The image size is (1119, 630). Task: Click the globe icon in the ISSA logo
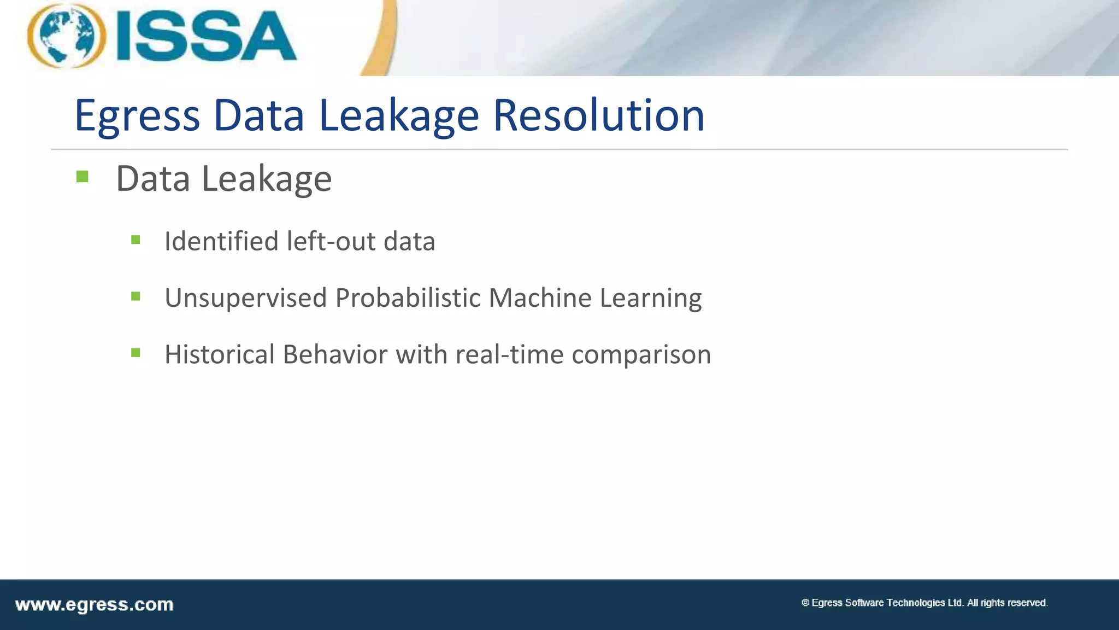[x=66, y=36]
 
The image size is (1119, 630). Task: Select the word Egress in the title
[x=137, y=116]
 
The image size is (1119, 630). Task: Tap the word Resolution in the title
[x=598, y=115]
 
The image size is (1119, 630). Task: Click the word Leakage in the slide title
[x=399, y=116]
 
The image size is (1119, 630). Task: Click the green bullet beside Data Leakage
[x=83, y=177]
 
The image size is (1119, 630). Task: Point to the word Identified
[x=221, y=241]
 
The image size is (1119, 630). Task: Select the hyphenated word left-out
[x=331, y=241]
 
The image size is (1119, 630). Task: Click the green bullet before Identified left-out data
[x=136, y=240]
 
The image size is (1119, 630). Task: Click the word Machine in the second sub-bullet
[x=540, y=298]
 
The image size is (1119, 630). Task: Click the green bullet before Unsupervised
[x=136, y=296]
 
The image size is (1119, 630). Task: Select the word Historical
[x=220, y=354]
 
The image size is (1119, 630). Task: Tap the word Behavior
[x=335, y=354]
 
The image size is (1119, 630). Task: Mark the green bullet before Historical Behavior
[x=136, y=353]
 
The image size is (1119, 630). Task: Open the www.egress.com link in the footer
[x=94, y=605]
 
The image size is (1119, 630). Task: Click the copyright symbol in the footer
[x=805, y=603]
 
